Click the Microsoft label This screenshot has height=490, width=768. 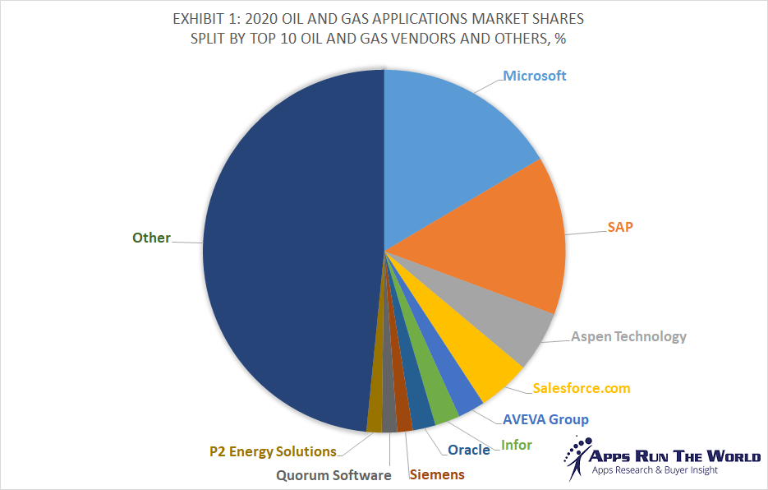tap(535, 76)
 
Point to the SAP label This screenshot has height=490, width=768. tap(620, 226)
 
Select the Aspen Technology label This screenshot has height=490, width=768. tap(628, 336)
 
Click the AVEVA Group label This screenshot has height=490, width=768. tap(545, 419)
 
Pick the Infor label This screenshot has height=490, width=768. tap(517, 445)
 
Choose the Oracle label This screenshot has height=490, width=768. tap(468, 450)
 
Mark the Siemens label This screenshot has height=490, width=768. tap(436, 474)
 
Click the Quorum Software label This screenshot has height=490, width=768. tap(333, 475)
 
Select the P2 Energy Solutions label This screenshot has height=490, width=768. tap(273, 451)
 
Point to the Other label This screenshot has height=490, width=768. tap(151, 238)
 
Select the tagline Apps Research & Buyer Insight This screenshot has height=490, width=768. tap(655, 470)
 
